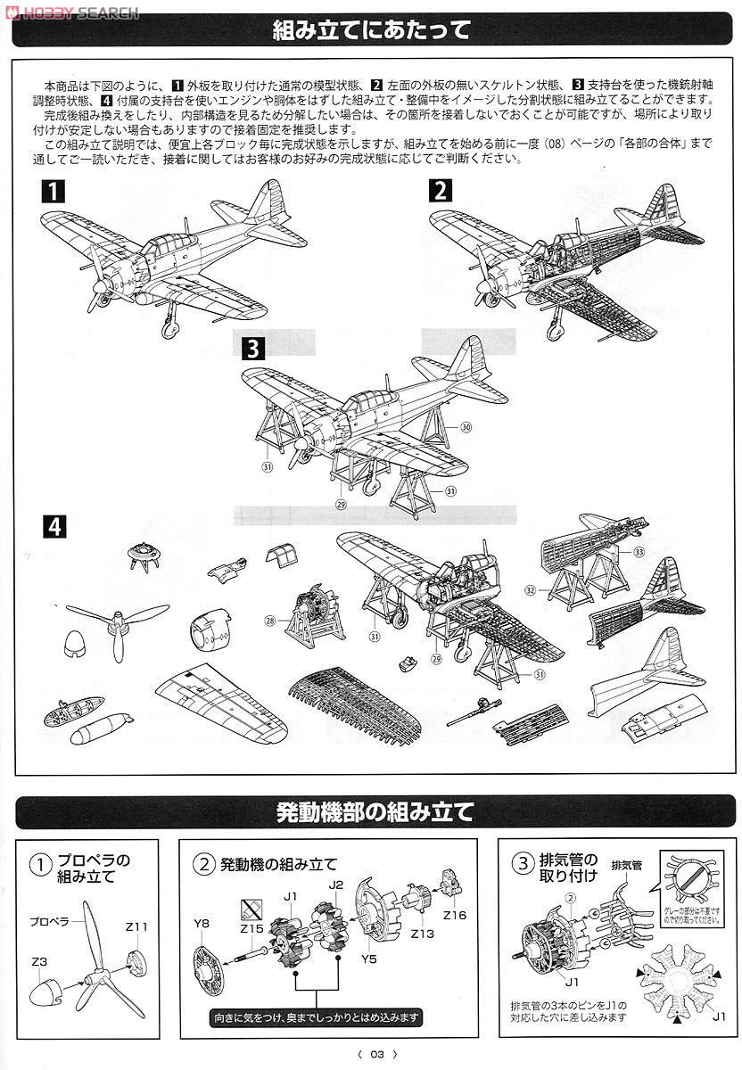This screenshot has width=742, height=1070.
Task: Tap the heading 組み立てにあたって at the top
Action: pos(371,31)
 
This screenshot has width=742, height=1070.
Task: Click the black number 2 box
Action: pos(440,190)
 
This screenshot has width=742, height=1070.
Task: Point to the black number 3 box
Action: pos(253,348)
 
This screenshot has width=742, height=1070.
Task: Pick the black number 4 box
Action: pos(55,527)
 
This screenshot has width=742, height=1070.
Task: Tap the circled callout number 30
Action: pos(466,427)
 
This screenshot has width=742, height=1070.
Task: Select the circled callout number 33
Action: pos(639,552)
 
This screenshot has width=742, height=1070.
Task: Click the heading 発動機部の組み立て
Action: pos(371,812)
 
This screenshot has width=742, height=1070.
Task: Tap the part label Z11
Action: pos(136,927)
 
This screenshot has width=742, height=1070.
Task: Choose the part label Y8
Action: pos(202,923)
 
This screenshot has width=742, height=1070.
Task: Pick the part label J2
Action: pos(335,885)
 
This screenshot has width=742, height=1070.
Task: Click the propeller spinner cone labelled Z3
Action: pos(50,992)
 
